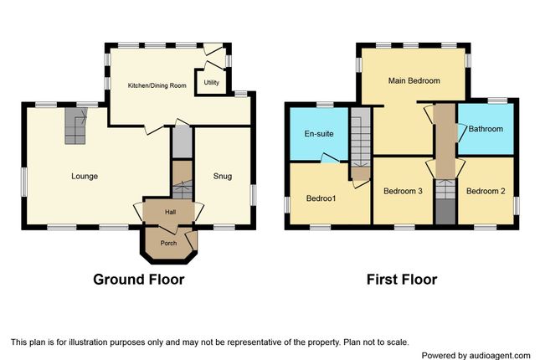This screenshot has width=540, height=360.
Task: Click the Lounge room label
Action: click(85, 177)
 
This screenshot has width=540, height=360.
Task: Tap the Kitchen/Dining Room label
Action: click(156, 85)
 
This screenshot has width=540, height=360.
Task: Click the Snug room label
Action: click(222, 177)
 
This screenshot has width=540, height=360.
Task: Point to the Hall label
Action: click(171, 213)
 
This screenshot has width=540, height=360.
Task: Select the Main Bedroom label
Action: click(414, 81)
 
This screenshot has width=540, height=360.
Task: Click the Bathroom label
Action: click(486, 129)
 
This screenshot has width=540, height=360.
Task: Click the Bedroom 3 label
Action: click(403, 192)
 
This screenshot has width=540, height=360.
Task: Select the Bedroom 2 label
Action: click(486, 192)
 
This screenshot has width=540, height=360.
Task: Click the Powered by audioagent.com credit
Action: click(476, 355)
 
